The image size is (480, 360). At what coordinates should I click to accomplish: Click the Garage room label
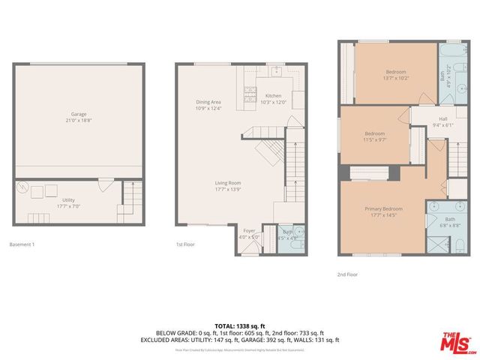(x=79, y=118)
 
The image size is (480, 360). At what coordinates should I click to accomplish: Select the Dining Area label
(x=208, y=105)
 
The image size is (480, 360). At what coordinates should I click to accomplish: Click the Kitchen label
(x=273, y=99)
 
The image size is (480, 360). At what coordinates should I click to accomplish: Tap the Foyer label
(x=249, y=234)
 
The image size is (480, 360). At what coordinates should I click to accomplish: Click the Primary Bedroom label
(x=383, y=211)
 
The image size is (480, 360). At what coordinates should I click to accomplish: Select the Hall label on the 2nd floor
(x=422, y=121)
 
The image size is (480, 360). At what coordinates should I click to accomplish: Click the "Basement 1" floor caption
(x=22, y=244)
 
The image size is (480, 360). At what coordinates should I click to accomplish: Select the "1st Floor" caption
(x=185, y=244)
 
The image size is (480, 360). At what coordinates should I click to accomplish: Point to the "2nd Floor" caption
(x=347, y=274)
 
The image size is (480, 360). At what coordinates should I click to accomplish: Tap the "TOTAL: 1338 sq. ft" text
(x=240, y=326)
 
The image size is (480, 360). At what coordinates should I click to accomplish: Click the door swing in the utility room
(x=107, y=184)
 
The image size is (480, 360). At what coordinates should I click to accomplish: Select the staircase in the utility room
(x=131, y=201)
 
